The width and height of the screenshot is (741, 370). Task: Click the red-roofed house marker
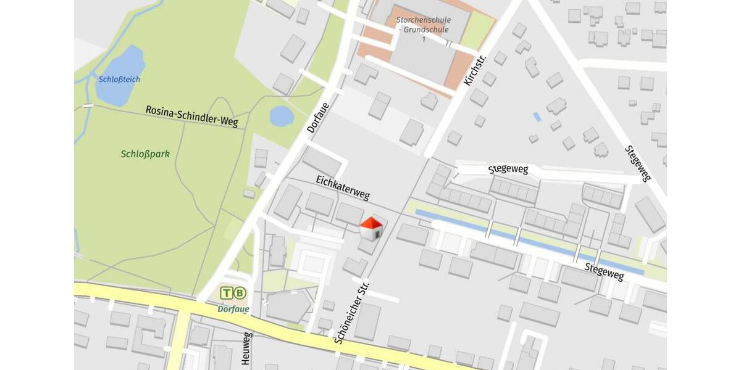tap(371, 229)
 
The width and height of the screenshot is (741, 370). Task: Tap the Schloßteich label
tap(119, 80)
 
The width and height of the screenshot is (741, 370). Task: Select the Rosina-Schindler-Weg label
tap(191, 116)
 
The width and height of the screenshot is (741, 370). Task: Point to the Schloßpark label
tap(145, 154)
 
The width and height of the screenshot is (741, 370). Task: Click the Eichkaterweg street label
tap(343, 187)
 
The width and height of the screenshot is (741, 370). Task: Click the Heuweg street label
tap(247, 348)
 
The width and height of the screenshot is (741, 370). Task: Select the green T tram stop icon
tap(227, 293)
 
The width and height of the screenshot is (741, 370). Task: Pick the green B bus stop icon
tap(240, 293)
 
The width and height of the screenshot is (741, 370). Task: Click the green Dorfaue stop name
tap(233, 309)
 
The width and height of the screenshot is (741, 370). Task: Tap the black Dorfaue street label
tap(319, 117)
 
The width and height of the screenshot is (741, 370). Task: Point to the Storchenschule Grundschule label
tap(423, 25)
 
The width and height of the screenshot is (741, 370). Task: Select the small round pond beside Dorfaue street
tap(282, 116)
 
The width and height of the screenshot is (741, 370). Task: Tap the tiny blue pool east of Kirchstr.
tap(537, 116)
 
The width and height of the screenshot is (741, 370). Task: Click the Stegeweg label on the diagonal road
tap(638, 163)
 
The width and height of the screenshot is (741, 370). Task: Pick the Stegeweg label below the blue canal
tap(604, 271)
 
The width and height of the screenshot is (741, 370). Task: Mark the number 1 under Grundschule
tap(424, 39)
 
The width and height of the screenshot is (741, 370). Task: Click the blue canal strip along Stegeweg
tap(525, 240)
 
